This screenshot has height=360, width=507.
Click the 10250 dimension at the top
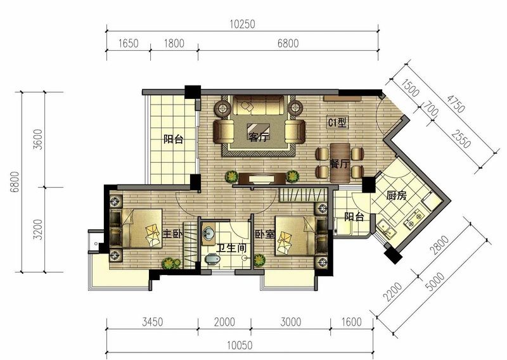242,24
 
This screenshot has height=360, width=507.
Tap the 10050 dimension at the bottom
240,345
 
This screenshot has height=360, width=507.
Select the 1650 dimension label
129,43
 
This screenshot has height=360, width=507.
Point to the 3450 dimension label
152,322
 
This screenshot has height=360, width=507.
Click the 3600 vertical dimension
38,139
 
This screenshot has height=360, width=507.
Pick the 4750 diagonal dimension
456,103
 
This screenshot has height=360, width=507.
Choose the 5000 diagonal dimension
435,281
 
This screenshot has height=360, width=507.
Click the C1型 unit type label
337,122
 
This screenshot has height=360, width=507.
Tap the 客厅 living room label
259,137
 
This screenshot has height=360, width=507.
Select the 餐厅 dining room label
340,164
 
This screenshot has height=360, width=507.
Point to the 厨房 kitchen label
397,195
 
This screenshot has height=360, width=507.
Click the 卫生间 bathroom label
231,248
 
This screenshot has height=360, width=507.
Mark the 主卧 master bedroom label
172,233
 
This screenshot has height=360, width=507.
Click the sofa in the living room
259,105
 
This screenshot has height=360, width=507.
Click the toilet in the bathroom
213,259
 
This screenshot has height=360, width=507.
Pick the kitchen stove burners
414,218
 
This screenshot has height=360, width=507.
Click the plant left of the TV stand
232,177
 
